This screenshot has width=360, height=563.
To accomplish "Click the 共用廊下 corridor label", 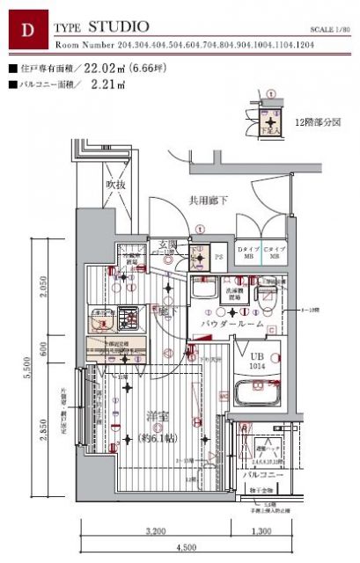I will click(208, 201).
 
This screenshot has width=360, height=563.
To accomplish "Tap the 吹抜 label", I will click(117, 186).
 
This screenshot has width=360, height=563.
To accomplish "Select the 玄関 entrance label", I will click(168, 244).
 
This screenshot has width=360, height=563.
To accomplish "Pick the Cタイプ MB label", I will click(275, 254).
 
